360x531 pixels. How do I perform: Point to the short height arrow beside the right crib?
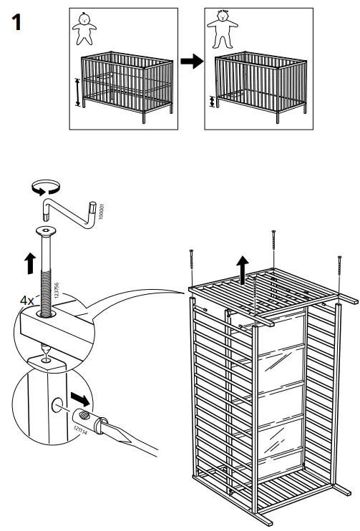pos(212,102)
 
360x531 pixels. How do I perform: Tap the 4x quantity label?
pos(27,301)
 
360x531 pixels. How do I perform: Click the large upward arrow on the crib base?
pos(244,271)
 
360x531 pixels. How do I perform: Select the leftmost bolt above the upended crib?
pos(192,266)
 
